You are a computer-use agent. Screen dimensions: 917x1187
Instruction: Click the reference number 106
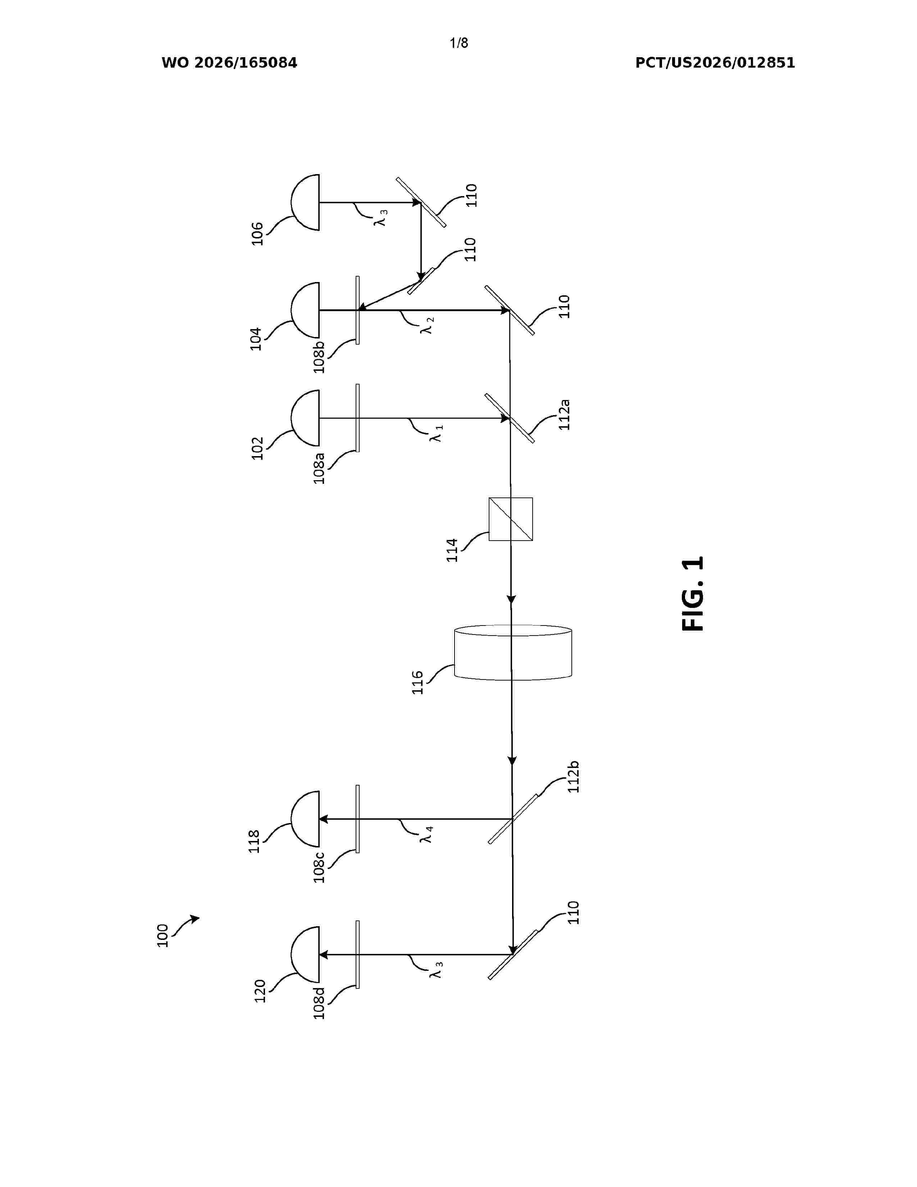[x=257, y=234]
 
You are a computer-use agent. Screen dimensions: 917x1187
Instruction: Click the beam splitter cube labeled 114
[x=511, y=519]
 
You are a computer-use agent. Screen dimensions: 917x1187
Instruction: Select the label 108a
[x=319, y=468]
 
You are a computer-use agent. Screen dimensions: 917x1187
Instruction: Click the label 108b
[x=319, y=357]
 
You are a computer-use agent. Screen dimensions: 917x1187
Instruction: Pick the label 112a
[x=565, y=415]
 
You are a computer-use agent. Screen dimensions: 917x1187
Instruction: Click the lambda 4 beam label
[x=426, y=834]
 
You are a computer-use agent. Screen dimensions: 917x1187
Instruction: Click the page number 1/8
[x=459, y=43]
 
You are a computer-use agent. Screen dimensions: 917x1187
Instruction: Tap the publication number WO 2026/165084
[x=229, y=63]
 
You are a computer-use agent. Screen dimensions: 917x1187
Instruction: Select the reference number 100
[x=163, y=935]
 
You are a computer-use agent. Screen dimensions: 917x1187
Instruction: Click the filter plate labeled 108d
[x=357, y=954]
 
